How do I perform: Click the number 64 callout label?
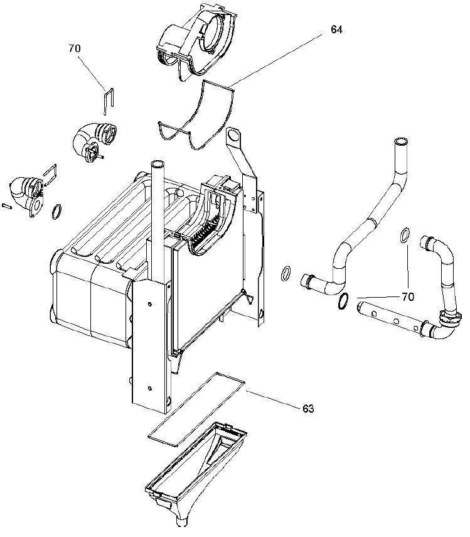[x=336, y=30]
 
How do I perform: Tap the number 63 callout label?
[x=308, y=408]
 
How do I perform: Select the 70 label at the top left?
[x=75, y=48]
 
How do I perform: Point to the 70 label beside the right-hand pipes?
[x=408, y=297]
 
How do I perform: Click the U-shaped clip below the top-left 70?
[x=109, y=102]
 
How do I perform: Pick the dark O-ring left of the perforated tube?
[x=343, y=301]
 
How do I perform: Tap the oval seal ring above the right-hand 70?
[x=404, y=236]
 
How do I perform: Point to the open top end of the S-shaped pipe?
[x=401, y=141]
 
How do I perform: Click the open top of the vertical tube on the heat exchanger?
[x=158, y=164]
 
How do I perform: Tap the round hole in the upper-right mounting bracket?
[x=233, y=135]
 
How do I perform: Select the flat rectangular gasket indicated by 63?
[x=196, y=410]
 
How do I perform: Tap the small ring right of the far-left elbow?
[x=56, y=212]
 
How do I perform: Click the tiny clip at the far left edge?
[x=7, y=206]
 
